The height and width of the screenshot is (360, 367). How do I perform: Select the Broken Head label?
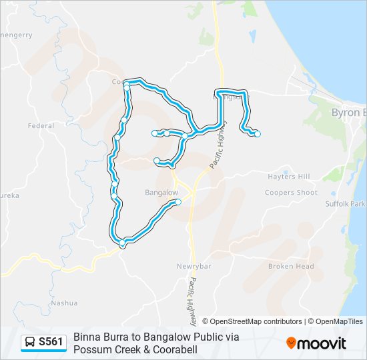tap(291, 266)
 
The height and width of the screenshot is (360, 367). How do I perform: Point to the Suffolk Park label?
tap(346, 203)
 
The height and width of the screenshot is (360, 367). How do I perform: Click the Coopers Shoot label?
tap(290, 193)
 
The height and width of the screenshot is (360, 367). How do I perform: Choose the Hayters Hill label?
tap(288, 177)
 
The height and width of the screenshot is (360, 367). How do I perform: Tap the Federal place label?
tap(41, 125)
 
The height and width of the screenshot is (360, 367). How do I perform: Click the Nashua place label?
tap(64, 303)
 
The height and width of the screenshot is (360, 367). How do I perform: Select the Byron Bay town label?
tap(348, 113)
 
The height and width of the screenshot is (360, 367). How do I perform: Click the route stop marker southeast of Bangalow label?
tap(178, 201)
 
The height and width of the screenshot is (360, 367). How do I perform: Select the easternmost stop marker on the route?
tap(258, 135)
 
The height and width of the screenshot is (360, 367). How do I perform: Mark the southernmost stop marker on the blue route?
tap(122, 245)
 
